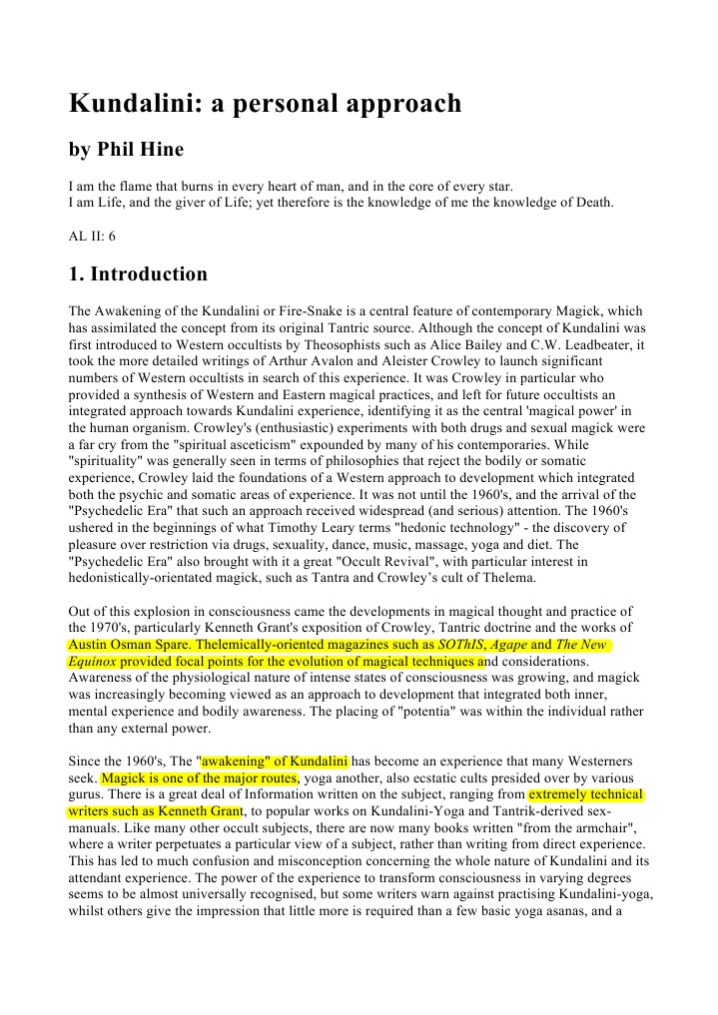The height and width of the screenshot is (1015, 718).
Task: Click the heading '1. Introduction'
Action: pyautogui.click(x=138, y=274)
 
